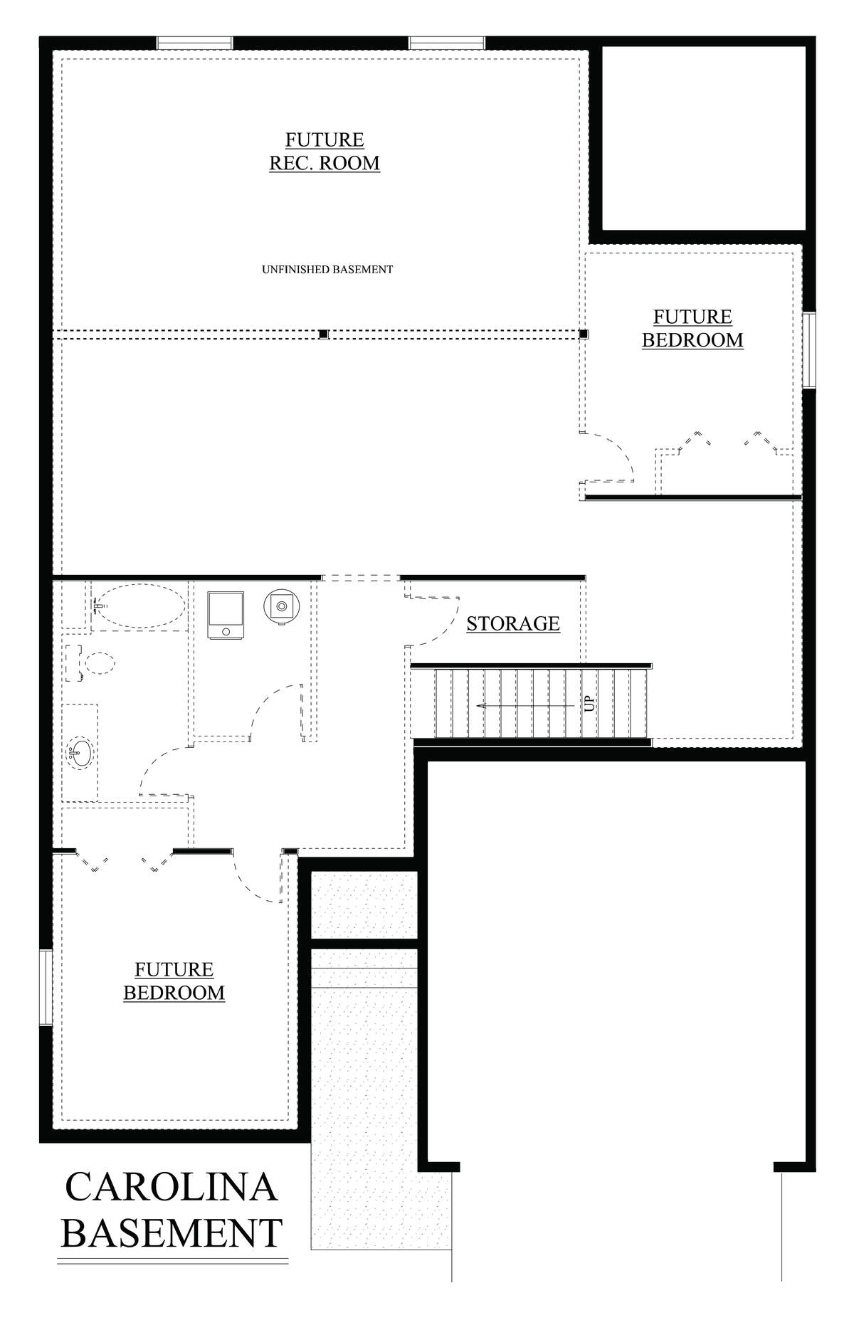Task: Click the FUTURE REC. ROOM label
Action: click(325, 152)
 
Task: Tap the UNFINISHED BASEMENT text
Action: click(327, 270)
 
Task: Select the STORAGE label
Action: click(513, 623)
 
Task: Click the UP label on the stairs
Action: click(589, 704)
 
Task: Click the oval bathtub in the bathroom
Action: click(139, 606)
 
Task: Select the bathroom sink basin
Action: click(80, 754)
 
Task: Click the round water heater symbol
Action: click(283, 606)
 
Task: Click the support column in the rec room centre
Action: click(323, 334)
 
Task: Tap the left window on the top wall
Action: click(195, 43)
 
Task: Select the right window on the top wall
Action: click(448, 43)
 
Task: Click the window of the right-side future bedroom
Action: click(809, 349)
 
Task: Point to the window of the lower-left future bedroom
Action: click(46, 987)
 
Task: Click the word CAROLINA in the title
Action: click(171, 1186)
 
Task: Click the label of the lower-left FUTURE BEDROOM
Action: click(174, 981)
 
